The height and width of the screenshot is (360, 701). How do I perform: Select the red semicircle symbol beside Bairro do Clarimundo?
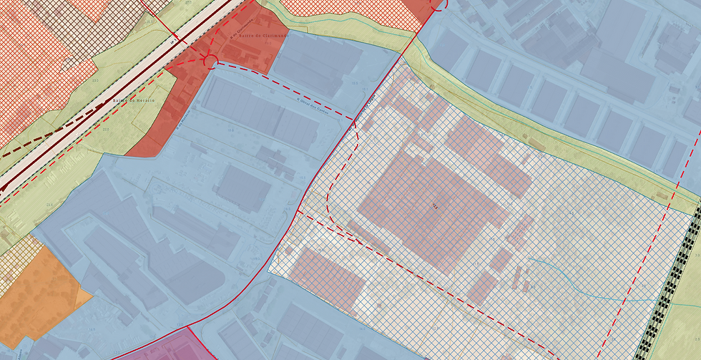point(210,59)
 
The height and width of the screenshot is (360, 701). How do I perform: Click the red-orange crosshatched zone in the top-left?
point(29,72)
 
